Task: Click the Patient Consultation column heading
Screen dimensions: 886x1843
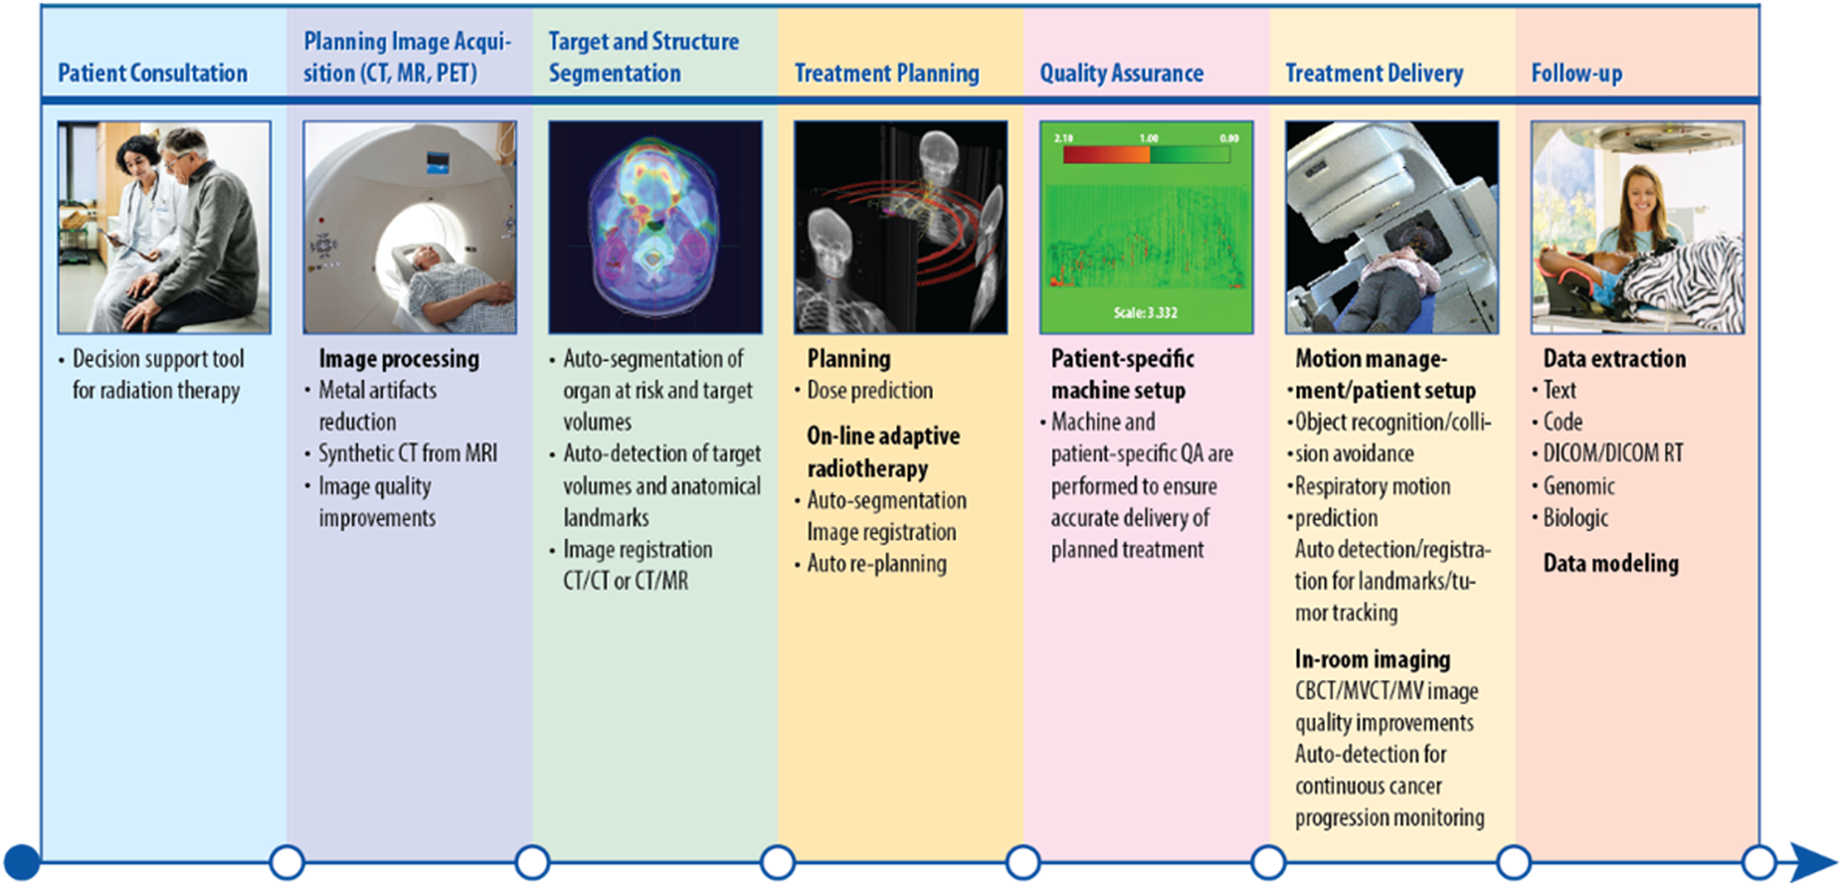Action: pos(152,73)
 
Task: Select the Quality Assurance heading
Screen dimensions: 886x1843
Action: pos(1121,73)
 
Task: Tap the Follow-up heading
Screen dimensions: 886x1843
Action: pos(1576,73)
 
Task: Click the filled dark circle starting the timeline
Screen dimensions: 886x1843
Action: pos(23,861)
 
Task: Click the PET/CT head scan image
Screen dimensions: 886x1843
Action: pos(655,227)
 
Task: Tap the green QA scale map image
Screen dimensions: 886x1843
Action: pos(1146,227)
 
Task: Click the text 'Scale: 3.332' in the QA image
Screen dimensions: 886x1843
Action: pos(1146,313)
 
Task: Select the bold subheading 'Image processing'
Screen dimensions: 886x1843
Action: pos(399,358)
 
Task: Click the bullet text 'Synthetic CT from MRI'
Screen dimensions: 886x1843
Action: pos(408,453)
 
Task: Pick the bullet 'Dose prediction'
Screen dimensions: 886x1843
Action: pos(870,390)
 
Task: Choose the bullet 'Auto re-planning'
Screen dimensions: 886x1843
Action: pos(876,564)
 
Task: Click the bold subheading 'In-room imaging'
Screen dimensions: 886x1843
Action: pos(1372,659)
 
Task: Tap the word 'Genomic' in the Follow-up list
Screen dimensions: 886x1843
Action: pos(1579,486)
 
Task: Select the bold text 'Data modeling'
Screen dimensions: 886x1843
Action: pos(1611,563)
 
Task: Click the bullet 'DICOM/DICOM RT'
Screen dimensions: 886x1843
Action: pos(1613,453)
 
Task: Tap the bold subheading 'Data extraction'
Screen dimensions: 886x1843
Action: pos(1615,358)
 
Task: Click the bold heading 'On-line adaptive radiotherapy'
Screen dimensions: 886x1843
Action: pos(883,452)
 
